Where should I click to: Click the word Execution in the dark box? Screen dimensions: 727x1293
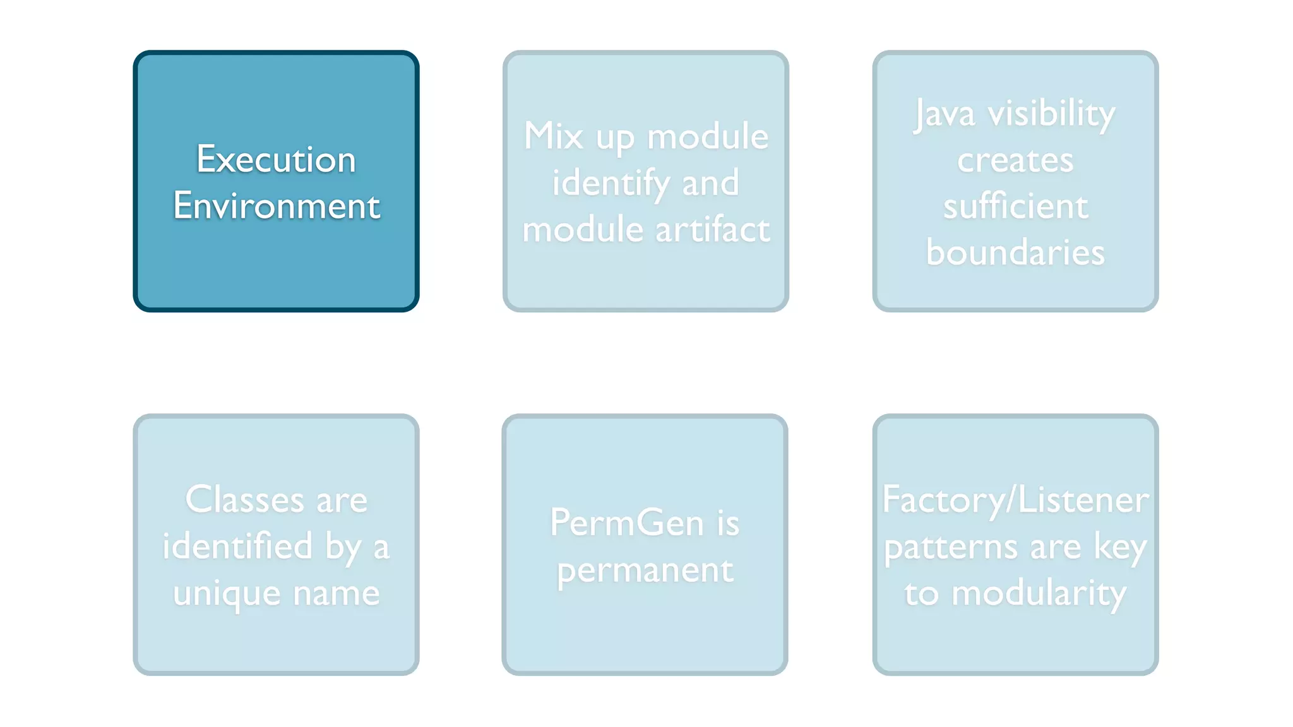276,159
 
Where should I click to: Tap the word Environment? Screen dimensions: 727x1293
277,206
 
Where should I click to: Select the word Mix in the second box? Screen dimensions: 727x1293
553,136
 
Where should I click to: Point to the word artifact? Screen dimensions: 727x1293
712,229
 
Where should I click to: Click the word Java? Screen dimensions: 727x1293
944,115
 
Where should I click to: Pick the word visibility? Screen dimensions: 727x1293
1051,114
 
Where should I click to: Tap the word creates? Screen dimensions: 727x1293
1015,160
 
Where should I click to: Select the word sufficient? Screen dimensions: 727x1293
1015,206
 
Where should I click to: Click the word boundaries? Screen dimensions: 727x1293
1015,252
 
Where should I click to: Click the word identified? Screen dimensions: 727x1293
237,546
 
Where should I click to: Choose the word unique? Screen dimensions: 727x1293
227,594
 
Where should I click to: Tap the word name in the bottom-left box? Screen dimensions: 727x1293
336,594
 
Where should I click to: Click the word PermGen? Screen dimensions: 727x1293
626,523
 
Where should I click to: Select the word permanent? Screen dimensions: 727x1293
645,570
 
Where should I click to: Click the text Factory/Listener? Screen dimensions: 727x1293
1015,500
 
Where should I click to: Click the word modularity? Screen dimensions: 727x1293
1039,594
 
